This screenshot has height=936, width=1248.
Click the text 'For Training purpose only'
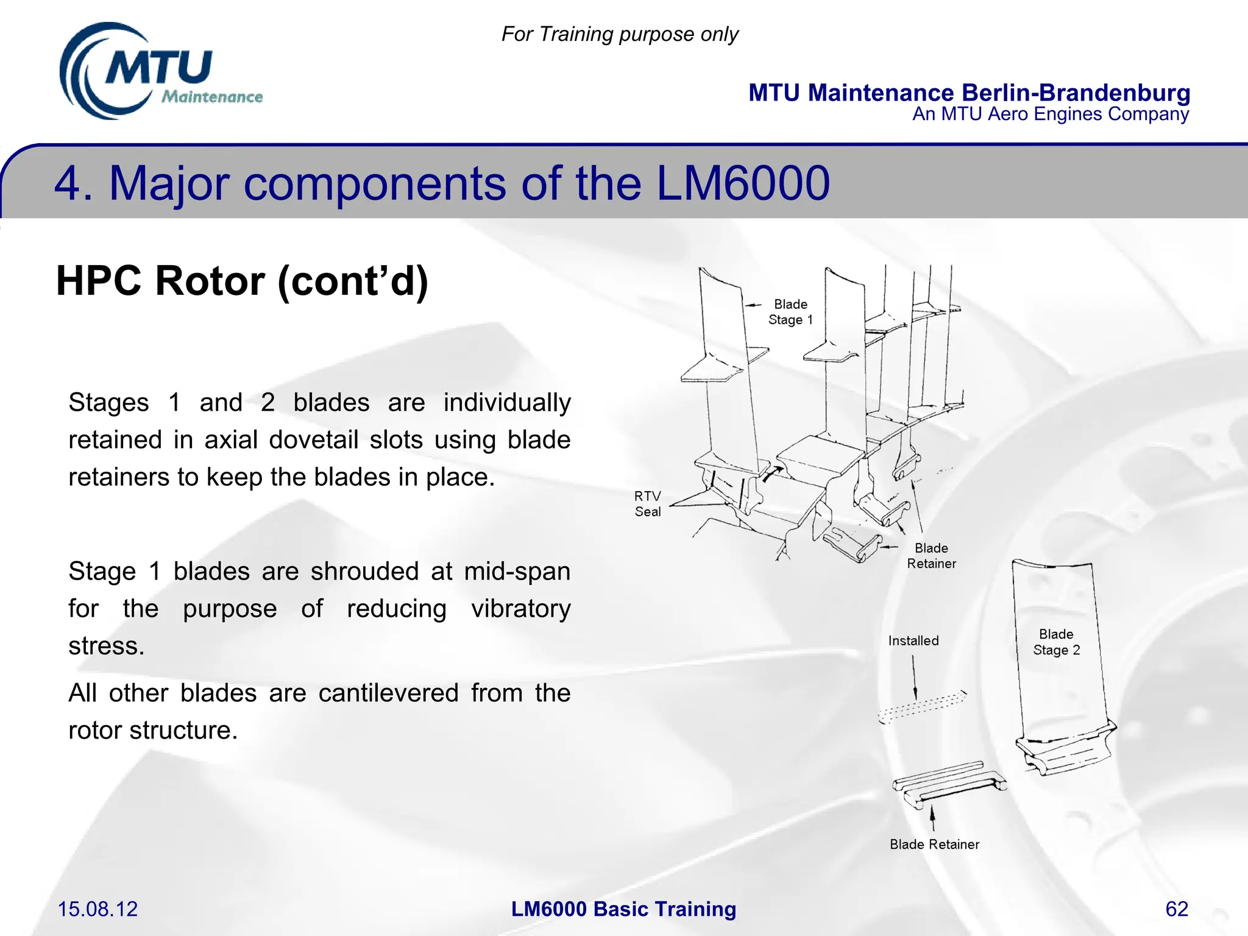click(x=620, y=34)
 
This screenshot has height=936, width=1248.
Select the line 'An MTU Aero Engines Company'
click(x=1050, y=114)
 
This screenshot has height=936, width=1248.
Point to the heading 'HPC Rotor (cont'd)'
click(x=242, y=281)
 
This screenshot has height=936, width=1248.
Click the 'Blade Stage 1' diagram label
click(x=790, y=312)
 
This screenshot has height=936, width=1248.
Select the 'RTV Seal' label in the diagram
click(x=647, y=504)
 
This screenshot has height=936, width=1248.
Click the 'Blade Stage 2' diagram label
click(x=1056, y=642)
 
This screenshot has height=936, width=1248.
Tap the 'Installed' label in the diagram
click(x=913, y=640)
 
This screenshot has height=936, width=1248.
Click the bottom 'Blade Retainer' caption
click(x=934, y=845)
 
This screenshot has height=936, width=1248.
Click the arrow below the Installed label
click(x=914, y=676)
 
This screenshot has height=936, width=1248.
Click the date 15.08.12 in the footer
click(x=97, y=909)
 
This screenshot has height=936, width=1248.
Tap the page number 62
click(x=1176, y=909)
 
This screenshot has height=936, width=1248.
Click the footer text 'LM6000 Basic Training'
click(x=623, y=909)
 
